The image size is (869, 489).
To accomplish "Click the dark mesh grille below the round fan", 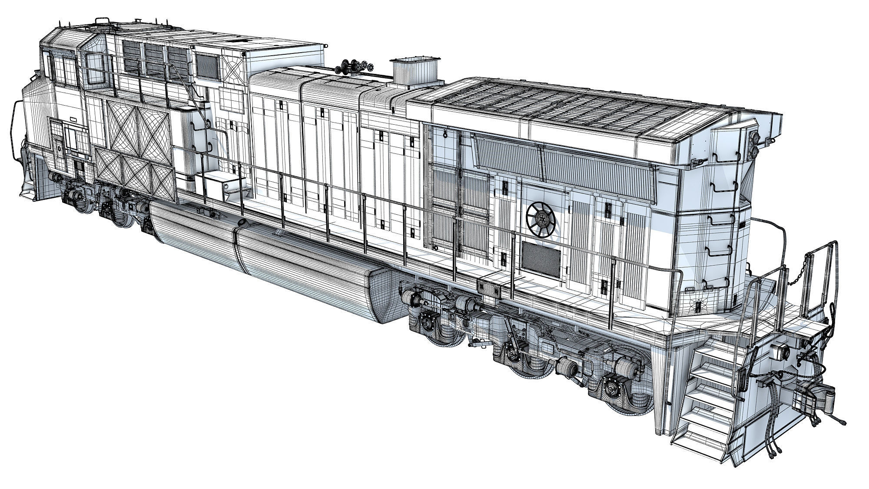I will (x=541, y=258).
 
